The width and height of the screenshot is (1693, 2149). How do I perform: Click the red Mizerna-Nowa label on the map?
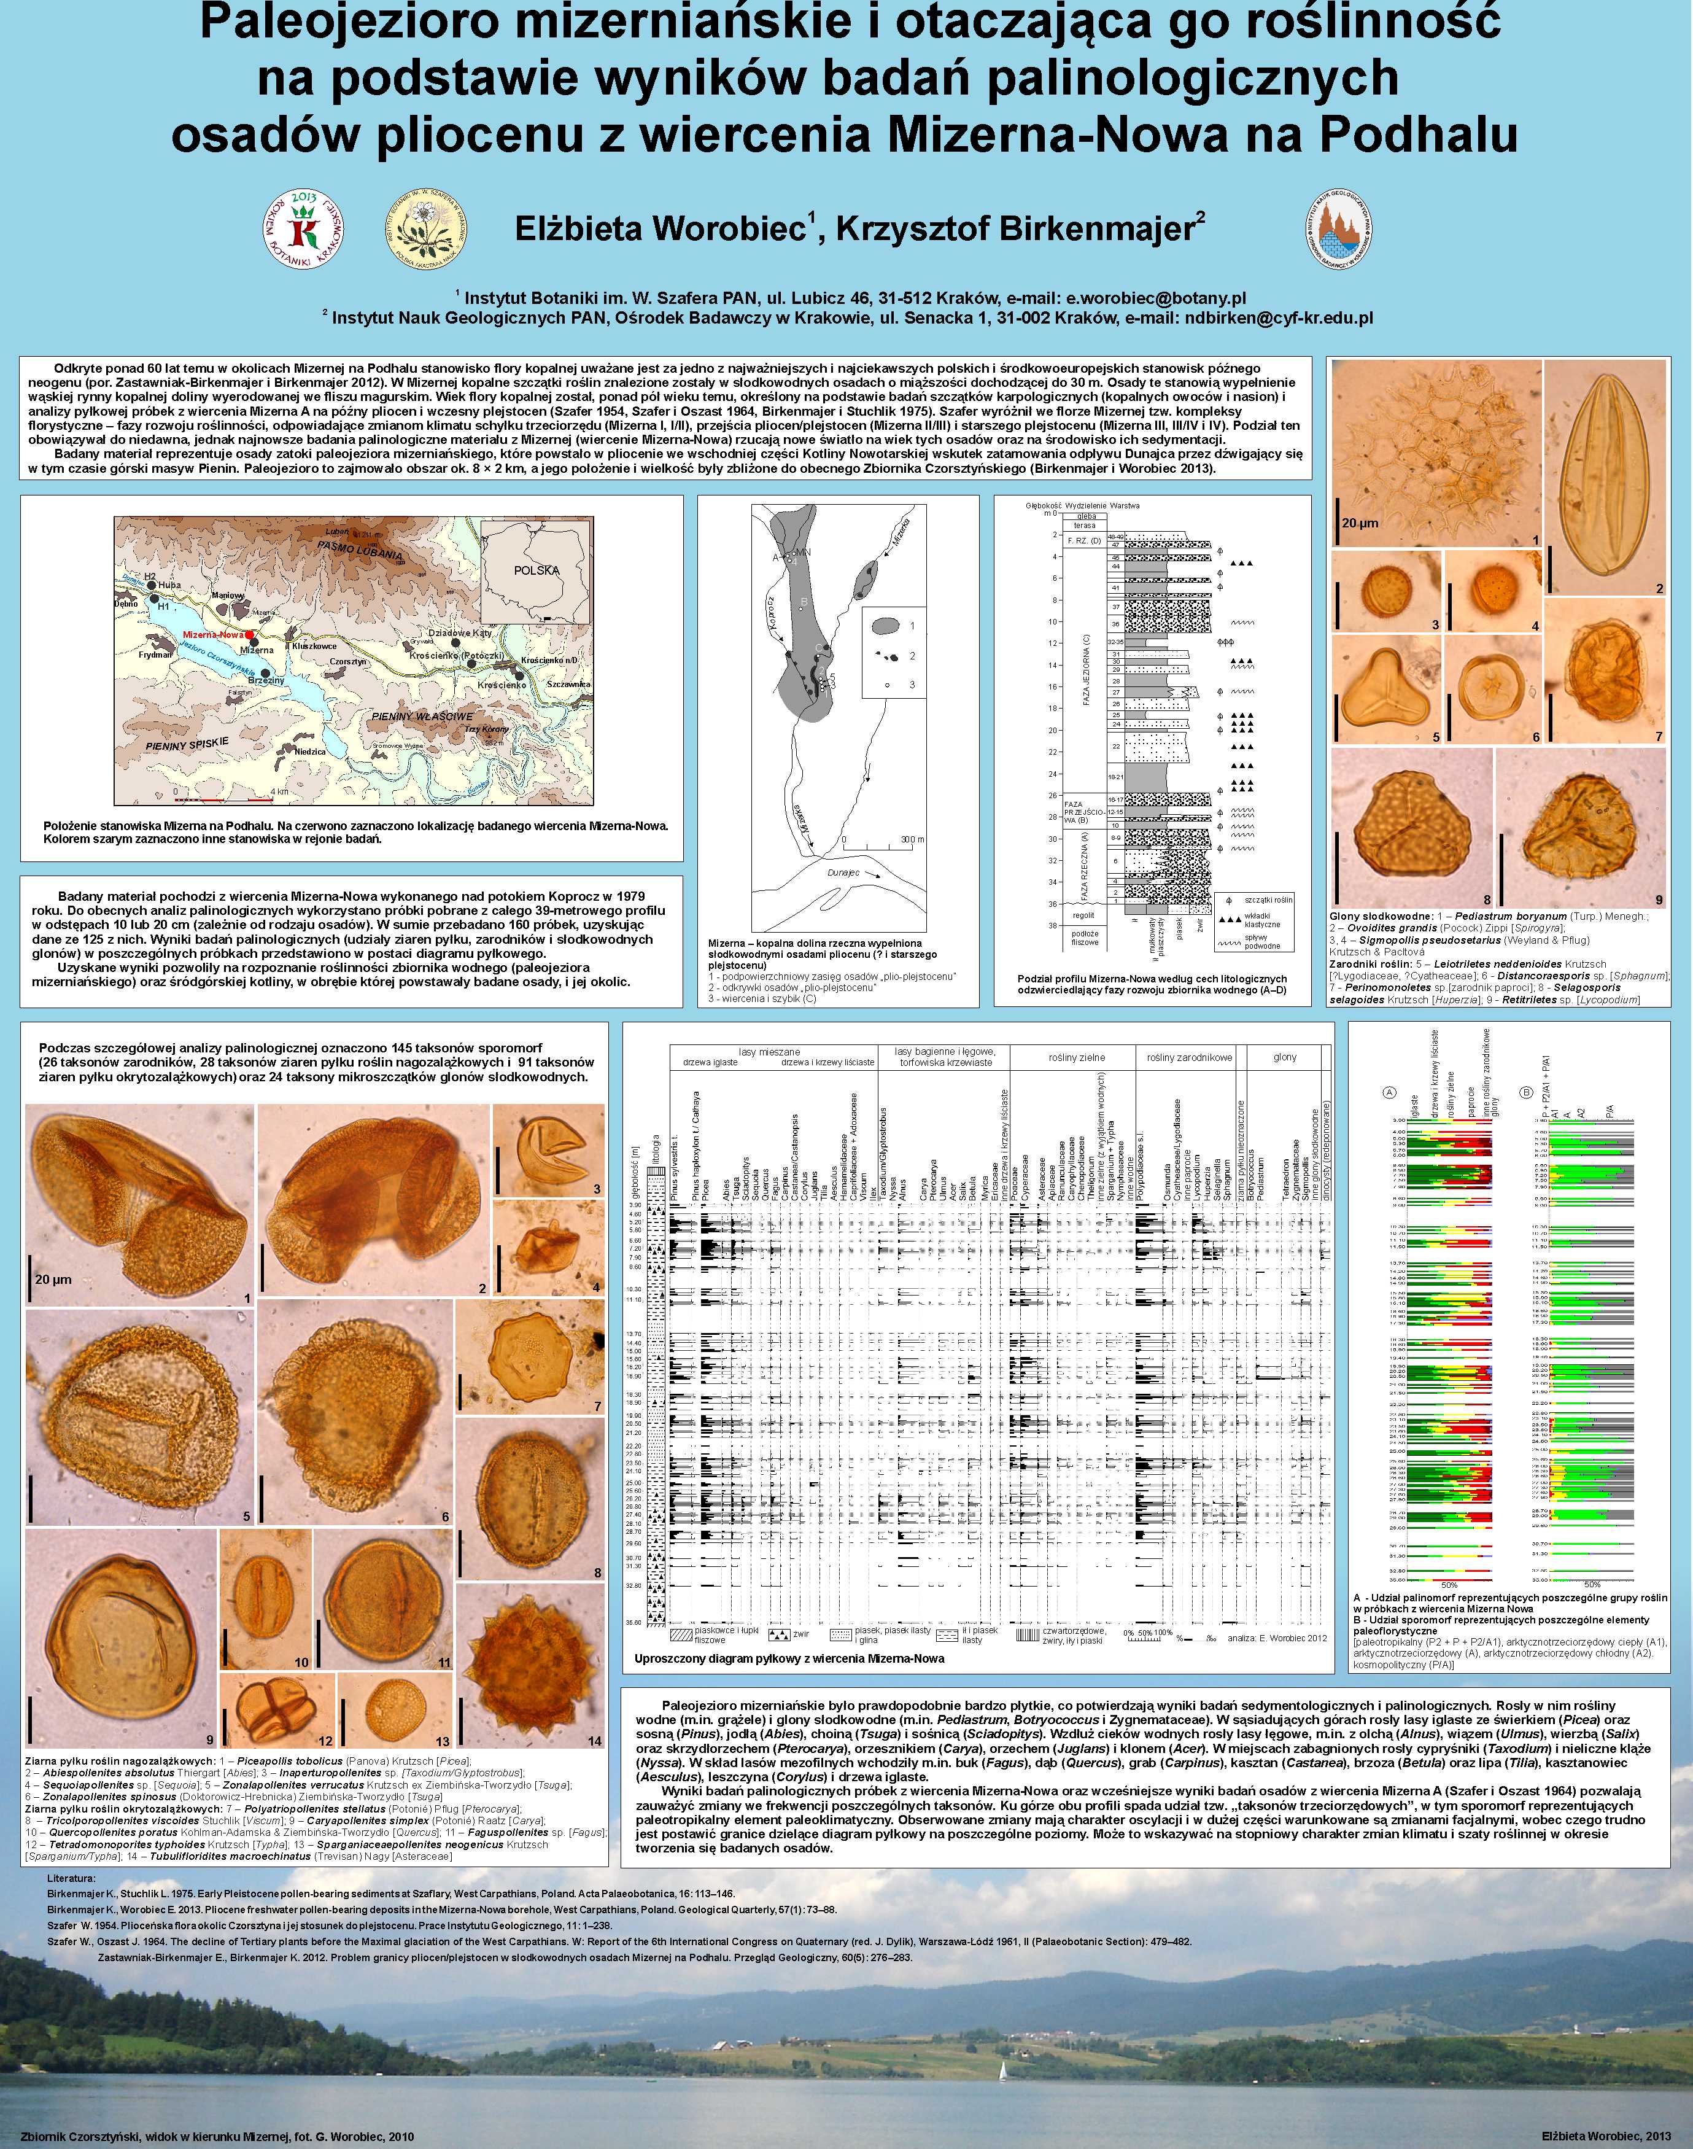(x=213, y=634)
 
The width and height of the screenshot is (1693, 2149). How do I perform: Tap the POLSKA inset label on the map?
(x=537, y=570)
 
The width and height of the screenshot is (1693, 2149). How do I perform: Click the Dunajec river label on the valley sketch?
(x=843, y=873)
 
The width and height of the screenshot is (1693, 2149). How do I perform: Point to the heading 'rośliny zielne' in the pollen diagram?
(x=1077, y=1058)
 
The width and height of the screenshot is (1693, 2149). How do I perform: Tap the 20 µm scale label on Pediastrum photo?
(x=1360, y=523)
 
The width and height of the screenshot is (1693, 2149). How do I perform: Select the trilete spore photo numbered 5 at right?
(x=1383, y=686)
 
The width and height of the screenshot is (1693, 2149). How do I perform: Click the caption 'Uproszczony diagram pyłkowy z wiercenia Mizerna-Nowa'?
(x=789, y=1658)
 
